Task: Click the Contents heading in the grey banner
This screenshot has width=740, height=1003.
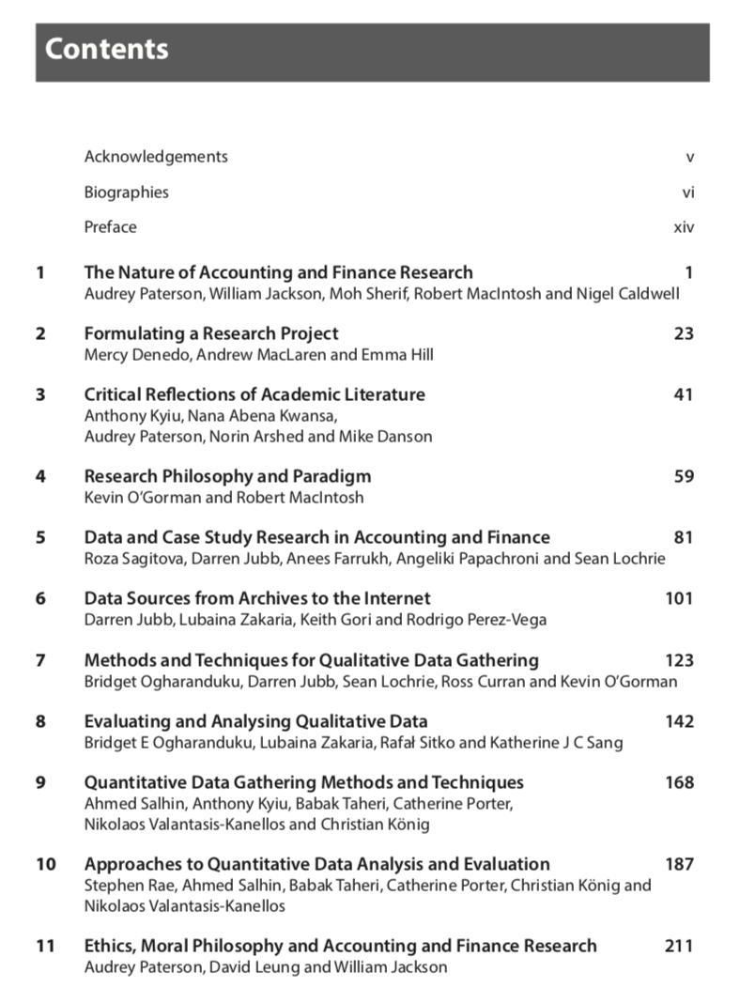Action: click(106, 49)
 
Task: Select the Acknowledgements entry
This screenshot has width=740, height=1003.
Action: click(156, 157)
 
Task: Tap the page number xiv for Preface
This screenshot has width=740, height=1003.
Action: click(684, 227)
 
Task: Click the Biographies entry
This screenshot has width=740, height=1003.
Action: click(127, 193)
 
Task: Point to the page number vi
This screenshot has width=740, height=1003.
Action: click(688, 193)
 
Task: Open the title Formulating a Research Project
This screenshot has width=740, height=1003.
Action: click(211, 333)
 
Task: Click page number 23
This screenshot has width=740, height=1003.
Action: click(684, 333)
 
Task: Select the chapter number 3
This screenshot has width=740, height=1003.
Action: click(40, 394)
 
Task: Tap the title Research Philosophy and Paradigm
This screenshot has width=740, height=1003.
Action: click(227, 476)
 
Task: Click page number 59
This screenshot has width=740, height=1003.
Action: click(684, 476)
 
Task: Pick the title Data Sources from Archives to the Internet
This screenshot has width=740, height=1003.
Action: click(257, 598)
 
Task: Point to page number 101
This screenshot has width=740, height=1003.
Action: click(679, 598)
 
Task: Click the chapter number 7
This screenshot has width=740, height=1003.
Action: click(40, 660)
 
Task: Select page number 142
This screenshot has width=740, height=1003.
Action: click(679, 721)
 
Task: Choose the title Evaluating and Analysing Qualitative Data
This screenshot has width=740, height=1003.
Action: click(255, 721)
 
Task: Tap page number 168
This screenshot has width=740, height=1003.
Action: click(679, 782)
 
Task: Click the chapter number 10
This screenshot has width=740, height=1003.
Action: click(46, 864)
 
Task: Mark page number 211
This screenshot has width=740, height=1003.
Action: click(679, 946)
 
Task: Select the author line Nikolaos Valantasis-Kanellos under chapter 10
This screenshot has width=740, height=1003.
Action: click(185, 906)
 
